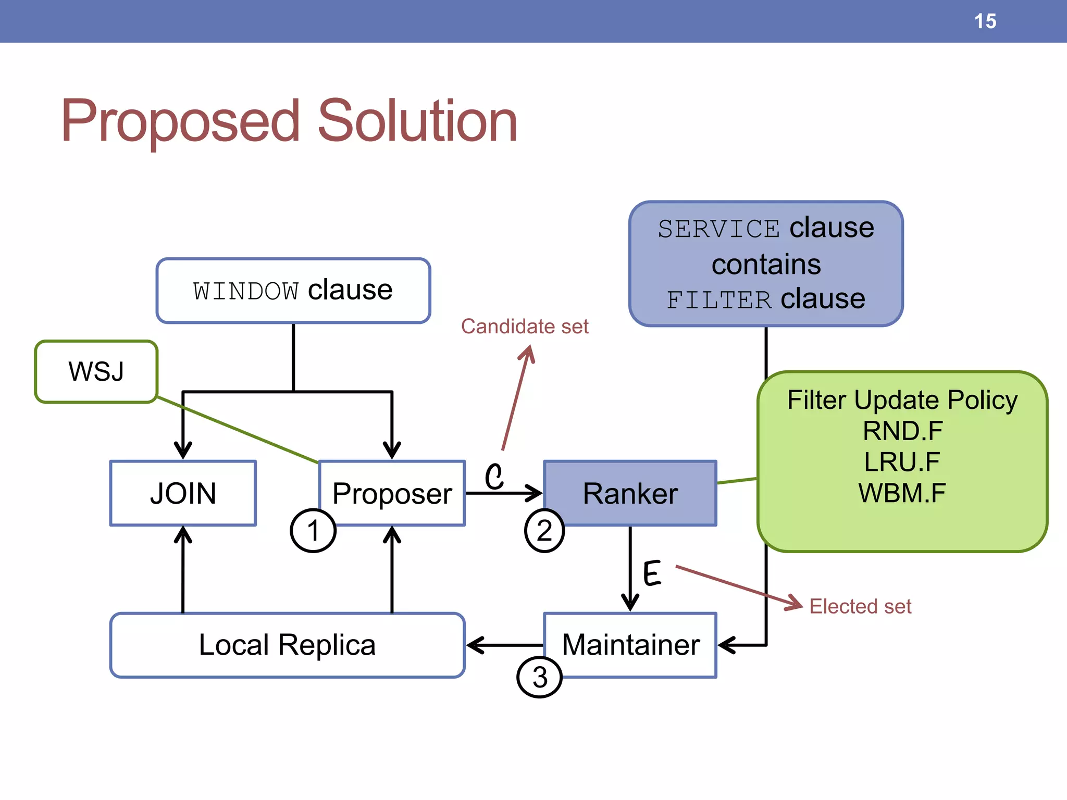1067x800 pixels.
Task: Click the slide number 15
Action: point(985,21)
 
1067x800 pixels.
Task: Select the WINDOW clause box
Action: point(293,291)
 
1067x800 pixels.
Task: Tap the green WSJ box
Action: point(96,371)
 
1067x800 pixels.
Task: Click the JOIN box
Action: point(183,493)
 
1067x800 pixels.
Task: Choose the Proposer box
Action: point(392,493)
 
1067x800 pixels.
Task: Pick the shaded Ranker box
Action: point(630,493)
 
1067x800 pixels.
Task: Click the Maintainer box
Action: point(630,645)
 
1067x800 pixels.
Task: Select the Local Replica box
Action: point(287,645)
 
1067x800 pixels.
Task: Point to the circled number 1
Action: point(313,531)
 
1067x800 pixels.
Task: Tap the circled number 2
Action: point(544,531)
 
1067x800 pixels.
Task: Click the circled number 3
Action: point(539,677)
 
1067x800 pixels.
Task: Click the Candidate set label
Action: point(525,327)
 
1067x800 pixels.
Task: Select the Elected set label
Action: point(860,606)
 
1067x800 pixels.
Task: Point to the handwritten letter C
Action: point(494,476)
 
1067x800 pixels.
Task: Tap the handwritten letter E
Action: point(652,573)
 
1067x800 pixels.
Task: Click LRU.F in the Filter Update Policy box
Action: point(902,462)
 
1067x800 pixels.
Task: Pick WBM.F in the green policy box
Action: point(902,493)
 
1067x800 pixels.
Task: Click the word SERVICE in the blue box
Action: point(718,229)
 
